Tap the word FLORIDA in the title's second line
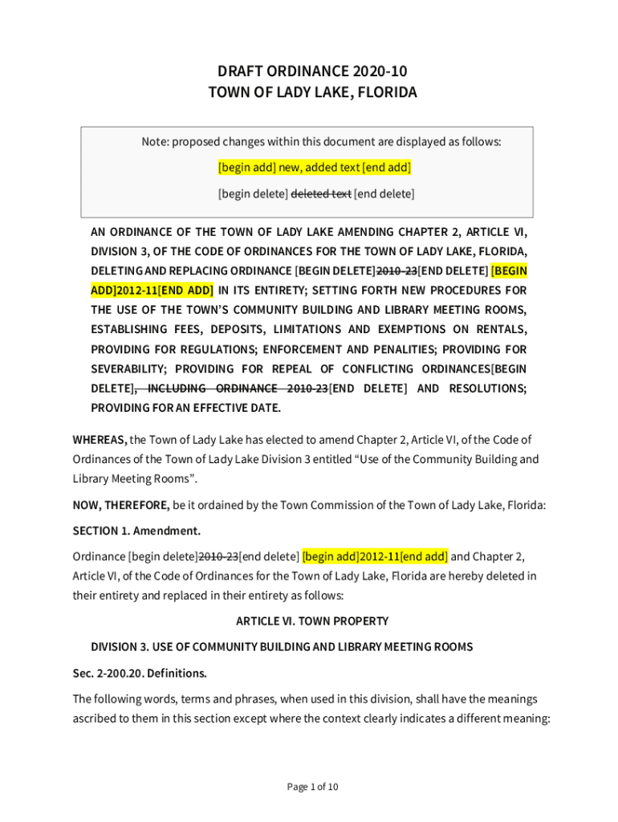click(x=381, y=92)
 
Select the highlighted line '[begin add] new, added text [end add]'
click(x=315, y=168)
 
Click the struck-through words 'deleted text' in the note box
click(x=320, y=193)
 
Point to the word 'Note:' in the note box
click(x=156, y=142)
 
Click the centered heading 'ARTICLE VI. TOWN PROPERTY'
click(x=312, y=621)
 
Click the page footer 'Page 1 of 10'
click(x=312, y=787)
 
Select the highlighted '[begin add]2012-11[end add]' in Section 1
click(x=375, y=556)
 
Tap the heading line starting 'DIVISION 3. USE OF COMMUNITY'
click(x=281, y=646)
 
